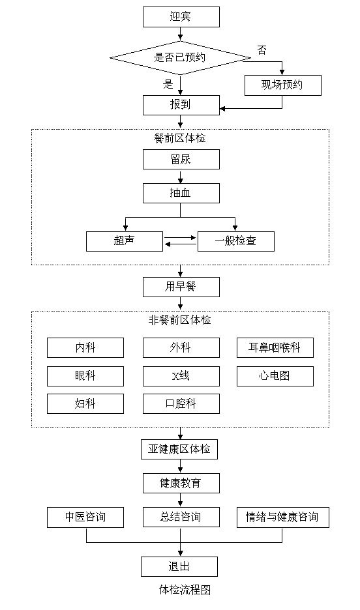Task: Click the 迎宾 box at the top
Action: pyautogui.click(x=181, y=17)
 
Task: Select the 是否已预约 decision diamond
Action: pyautogui.click(x=180, y=57)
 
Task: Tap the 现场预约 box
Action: pyautogui.click(x=283, y=85)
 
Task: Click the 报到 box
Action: pyautogui.click(x=181, y=105)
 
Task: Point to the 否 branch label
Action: pyautogui.click(x=262, y=50)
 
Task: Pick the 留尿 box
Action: pyautogui.click(x=181, y=160)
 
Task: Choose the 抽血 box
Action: pyautogui.click(x=181, y=194)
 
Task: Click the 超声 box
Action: pyautogui.click(x=124, y=241)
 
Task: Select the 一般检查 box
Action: pyautogui.click(x=236, y=241)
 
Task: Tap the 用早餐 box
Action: pyautogui.click(x=181, y=287)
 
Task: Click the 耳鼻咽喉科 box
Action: pyautogui.click(x=275, y=347)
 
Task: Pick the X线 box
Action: pyautogui.click(x=181, y=376)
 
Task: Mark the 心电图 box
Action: pyautogui.click(x=275, y=376)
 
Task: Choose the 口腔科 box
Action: pyautogui.click(x=181, y=403)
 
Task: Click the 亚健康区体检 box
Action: pyautogui.click(x=179, y=449)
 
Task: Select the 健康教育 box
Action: pyautogui.click(x=181, y=483)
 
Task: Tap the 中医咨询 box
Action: pyautogui.click(x=85, y=517)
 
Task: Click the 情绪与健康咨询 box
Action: pyautogui.click(x=283, y=517)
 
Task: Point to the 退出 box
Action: pyautogui.click(x=179, y=566)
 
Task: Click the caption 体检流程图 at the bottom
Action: pyautogui.click(x=185, y=590)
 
